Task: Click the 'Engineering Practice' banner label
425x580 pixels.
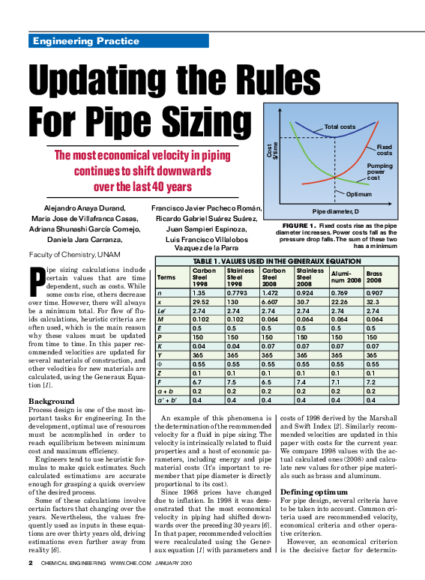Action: click(85, 41)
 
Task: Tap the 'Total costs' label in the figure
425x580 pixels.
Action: click(340, 127)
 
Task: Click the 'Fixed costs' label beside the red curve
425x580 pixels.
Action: click(385, 150)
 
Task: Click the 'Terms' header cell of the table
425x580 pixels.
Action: click(167, 277)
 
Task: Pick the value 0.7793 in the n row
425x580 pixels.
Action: click(238, 293)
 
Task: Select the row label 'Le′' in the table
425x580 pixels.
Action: click(162, 309)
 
